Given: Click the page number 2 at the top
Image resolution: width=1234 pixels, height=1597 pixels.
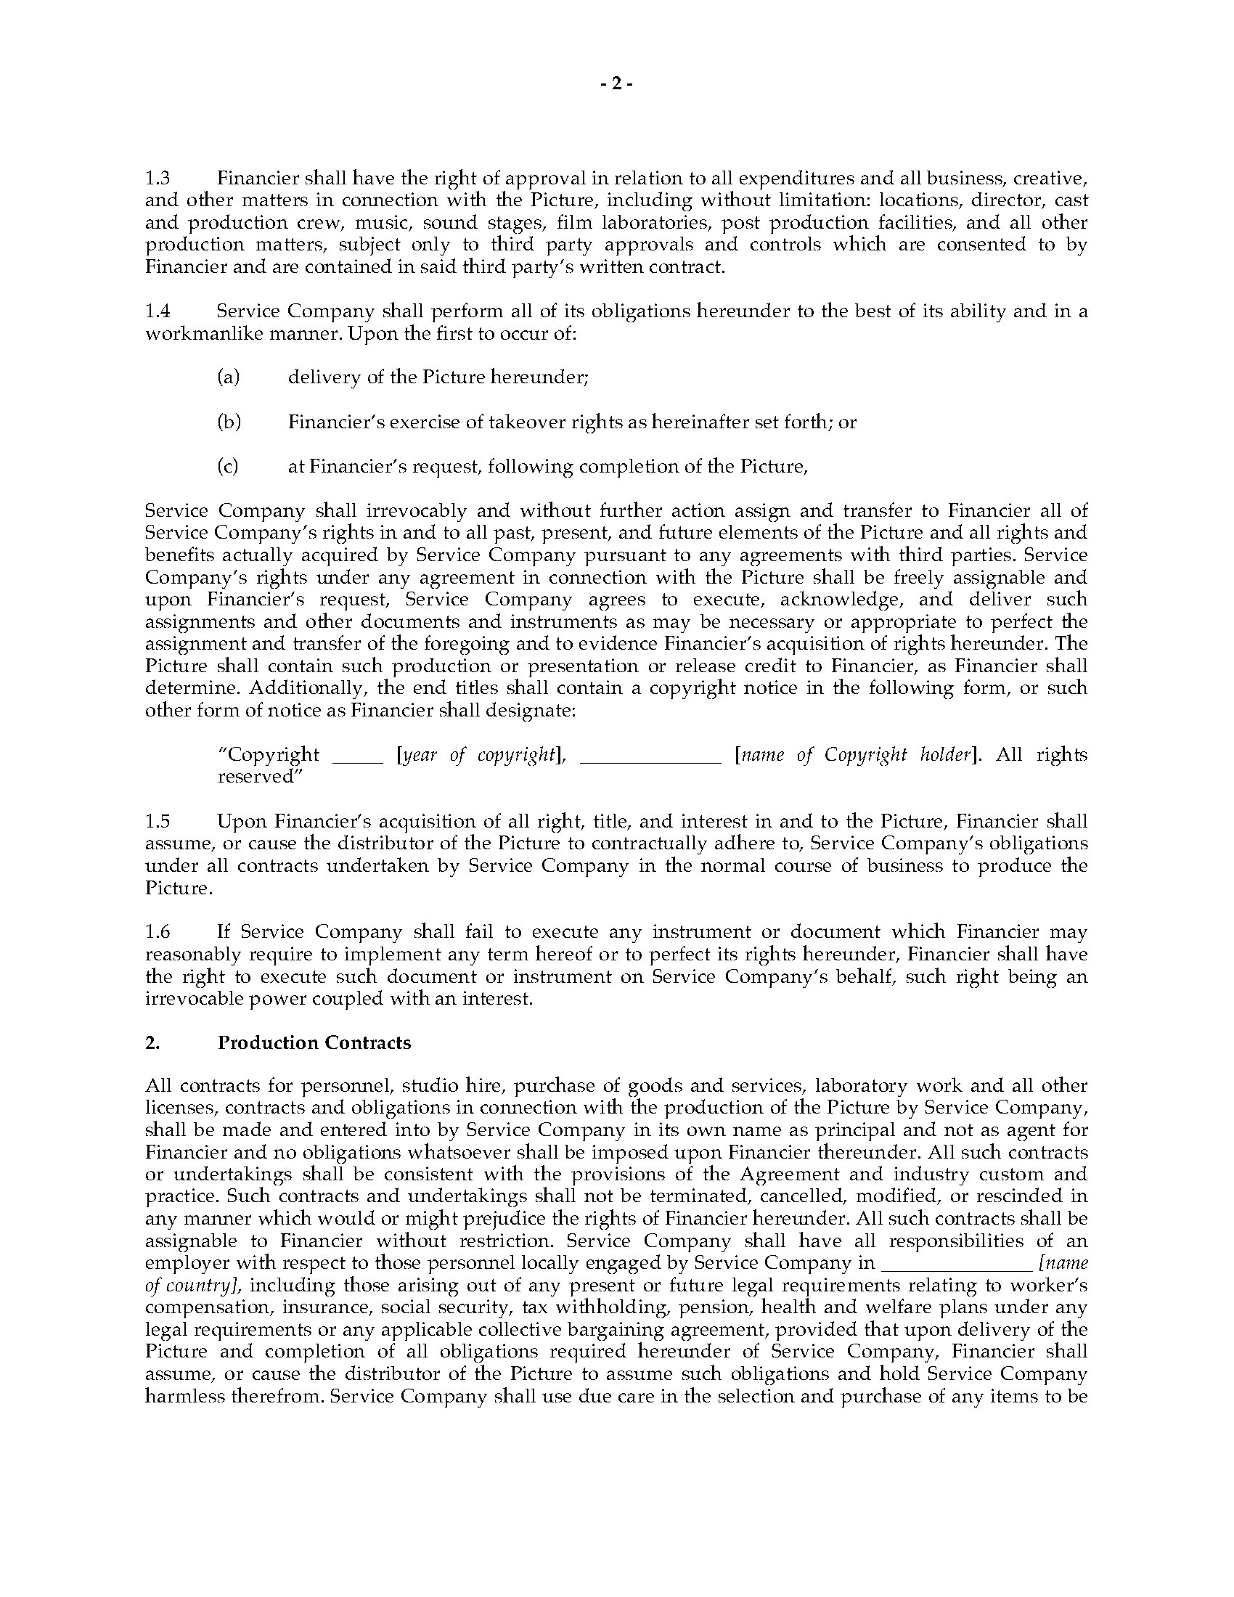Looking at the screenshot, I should [616, 84].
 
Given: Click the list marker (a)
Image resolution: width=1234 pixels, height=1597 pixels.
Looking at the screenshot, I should [229, 377].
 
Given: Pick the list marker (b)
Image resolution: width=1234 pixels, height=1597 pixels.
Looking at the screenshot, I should [229, 422].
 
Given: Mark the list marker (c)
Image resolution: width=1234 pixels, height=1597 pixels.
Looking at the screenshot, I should [228, 467].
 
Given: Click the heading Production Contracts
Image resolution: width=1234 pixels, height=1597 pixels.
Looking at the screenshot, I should [314, 1042].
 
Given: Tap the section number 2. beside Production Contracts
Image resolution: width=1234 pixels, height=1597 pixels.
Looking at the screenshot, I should [152, 1042].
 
